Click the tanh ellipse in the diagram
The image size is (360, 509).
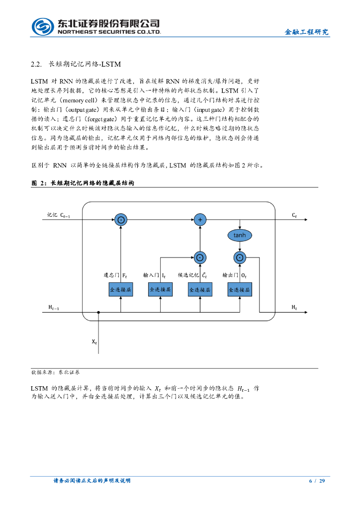pyautogui.click(x=240, y=235)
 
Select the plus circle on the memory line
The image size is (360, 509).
pyautogui.click(x=200, y=219)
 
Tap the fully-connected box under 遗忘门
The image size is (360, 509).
pyautogui.click(x=121, y=289)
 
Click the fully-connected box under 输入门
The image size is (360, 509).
pyautogui.click(x=161, y=289)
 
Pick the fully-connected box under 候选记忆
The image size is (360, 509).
pyautogui.click(x=200, y=289)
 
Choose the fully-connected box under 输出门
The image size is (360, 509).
pyautogui.click(x=240, y=289)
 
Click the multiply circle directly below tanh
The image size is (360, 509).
pyautogui.click(x=240, y=257)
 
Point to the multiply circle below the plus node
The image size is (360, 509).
pyautogui.click(x=200, y=257)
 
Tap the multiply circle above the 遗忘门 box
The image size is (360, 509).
pyautogui.click(x=121, y=219)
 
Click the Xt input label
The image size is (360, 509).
pyautogui.click(x=94, y=342)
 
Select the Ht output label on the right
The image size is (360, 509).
pyautogui.click(x=294, y=308)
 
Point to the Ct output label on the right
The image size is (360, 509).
pyautogui.click(x=294, y=215)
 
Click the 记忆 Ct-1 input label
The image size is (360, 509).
pyautogui.click(x=59, y=215)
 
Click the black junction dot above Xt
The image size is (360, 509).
pyautogui.click(x=99, y=313)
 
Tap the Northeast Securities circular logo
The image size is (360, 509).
pyautogui.click(x=43, y=26)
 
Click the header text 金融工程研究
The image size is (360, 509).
pyautogui.click(x=306, y=32)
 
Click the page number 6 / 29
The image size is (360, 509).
pyautogui.click(x=317, y=481)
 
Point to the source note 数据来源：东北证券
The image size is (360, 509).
pyautogui.click(x=56, y=372)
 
